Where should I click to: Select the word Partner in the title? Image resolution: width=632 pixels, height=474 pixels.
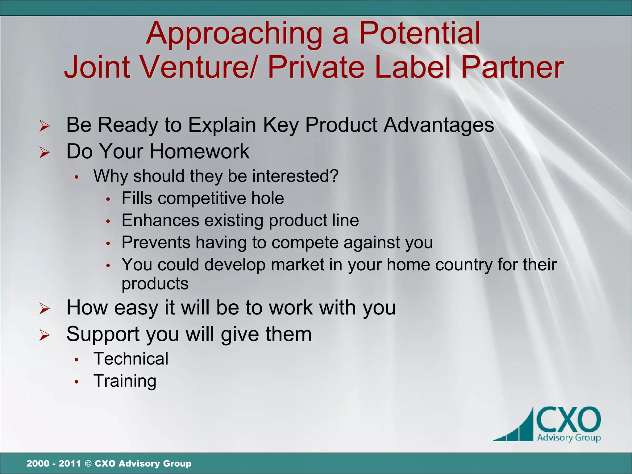click(x=512, y=67)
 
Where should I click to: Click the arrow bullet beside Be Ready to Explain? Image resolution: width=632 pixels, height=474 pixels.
click(x=44, y=126)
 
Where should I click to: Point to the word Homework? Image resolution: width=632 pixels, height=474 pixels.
click(x=199, y=152)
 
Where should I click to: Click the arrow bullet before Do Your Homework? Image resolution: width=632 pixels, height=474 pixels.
click(x=44, y=152)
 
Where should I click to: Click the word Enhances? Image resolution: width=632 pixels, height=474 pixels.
click(x=160, y=220)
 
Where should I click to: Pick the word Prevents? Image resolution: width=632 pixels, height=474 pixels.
click(x=156, y=242)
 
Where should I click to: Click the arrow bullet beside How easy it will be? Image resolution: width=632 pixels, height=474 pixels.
click(x=44, y=309)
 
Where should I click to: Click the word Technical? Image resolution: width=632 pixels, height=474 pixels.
click(x=131, y=359)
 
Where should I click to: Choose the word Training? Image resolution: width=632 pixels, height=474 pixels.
click(x=125, y=381)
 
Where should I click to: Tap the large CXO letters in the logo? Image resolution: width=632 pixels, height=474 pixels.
click(x=568, y=420)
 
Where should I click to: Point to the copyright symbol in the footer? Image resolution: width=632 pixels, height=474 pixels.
click(x=88, y=464)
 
